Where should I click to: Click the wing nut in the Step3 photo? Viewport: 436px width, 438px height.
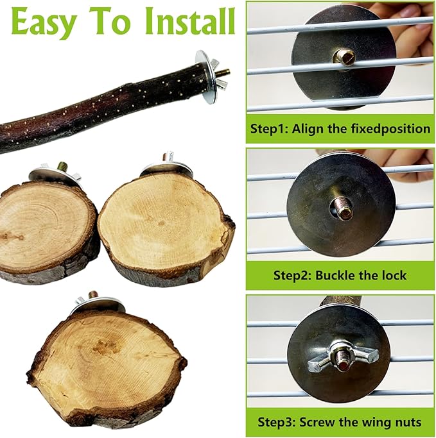pyautogui.click(x=343, y=360)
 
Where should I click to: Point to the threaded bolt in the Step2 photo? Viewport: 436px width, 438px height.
pyautogui.click(x=340, y=208)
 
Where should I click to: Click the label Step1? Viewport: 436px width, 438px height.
pyautogui.click(x=270, y=129)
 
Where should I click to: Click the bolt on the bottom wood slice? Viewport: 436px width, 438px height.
pyautogui.click(x=93, y=296)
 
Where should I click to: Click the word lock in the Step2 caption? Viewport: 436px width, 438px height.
pyautogui.click(x=395, y=275)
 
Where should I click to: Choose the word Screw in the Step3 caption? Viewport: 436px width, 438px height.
pyautogui.click(x=317, y=422)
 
